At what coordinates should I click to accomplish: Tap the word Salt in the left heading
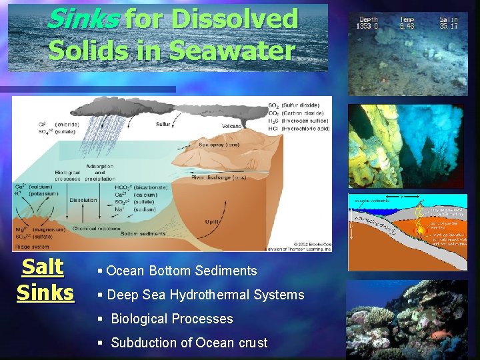click(43, 267)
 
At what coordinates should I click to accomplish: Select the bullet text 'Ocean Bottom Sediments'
click(181, 271)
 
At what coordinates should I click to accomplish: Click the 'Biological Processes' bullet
click(172, 319)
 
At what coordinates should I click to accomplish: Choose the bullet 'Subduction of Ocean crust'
click(189, 343)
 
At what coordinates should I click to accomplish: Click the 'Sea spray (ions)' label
click(219, 144)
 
